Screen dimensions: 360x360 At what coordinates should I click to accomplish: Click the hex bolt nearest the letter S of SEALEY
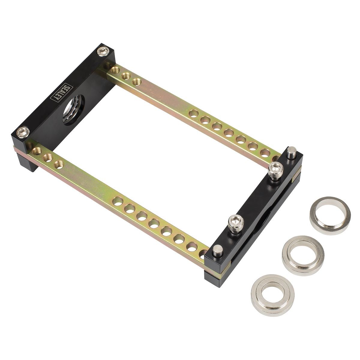104,52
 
